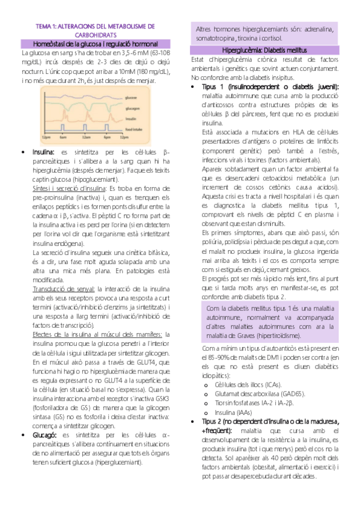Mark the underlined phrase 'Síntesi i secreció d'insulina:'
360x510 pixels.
(x=64, y=189)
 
